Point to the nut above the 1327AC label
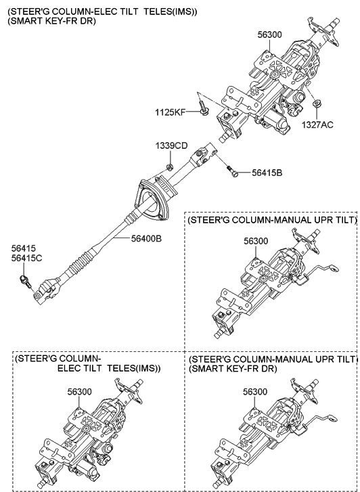click(316, 104)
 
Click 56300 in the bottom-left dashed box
click(79, 392)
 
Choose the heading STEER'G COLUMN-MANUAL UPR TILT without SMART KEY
click(271, 221)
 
